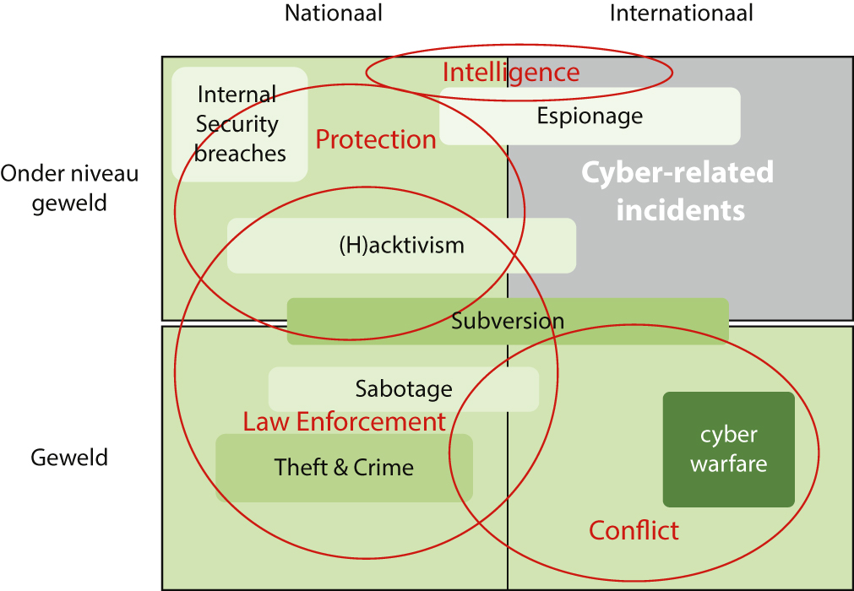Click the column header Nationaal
point(334,14)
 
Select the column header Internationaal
point(681,14)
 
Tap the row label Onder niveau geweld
point(69,188)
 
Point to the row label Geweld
point(69,458)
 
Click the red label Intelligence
point(511,73)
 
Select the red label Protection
point(376,139)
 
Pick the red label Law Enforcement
point(344,421)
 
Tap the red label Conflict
point(634,530)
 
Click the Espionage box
point(590,116)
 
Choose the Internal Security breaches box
point(240,124)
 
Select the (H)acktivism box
point(401,246)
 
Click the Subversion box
point(508,321)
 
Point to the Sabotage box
point(404,389)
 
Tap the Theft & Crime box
point(344,467)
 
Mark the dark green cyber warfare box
point(728,449)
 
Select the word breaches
point(241,154)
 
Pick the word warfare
point(729,464)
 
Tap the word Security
point(237,124)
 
